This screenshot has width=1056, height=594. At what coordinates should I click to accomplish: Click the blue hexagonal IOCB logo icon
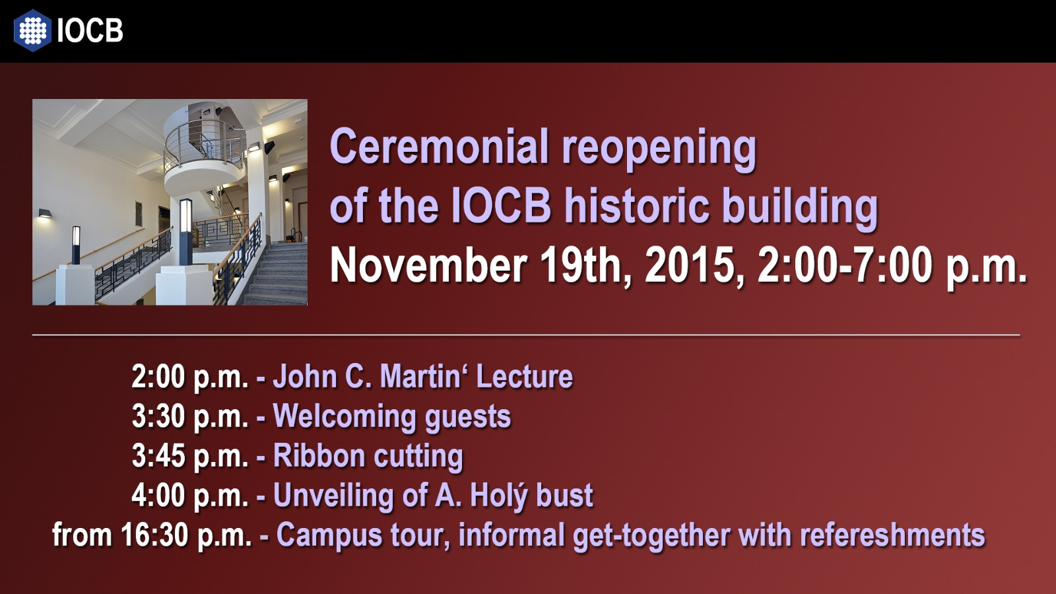[32, 30]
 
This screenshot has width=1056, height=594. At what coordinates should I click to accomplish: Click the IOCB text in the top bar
[90, 30]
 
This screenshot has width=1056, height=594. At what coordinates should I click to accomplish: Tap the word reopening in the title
[659, 150]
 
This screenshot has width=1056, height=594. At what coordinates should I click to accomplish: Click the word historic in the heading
[636, 205]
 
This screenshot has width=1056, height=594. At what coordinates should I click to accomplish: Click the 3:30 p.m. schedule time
[189, 417]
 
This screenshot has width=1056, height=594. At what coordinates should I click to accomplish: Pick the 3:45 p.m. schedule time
[189, 457]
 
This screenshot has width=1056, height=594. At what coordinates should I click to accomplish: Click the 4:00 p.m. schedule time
[189, 496]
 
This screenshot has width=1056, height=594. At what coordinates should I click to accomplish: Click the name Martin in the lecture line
[420, 376]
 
